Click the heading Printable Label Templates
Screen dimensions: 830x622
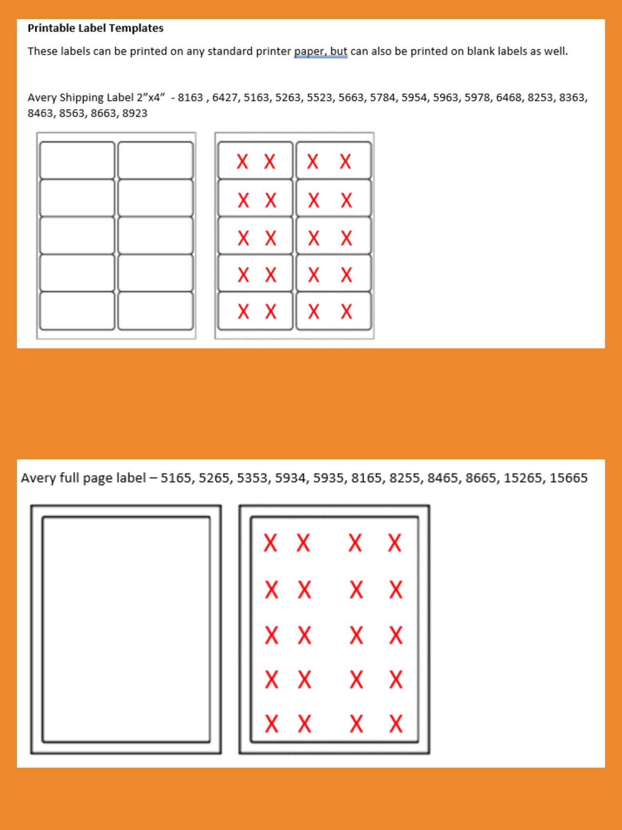point(95,28)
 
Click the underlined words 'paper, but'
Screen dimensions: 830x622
point(320,51)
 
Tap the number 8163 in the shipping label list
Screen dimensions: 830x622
point(190,98)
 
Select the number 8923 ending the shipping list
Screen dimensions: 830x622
point(134,113)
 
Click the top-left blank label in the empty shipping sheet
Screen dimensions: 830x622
point(77,160)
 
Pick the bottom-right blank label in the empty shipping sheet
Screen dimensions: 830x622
point(155,311)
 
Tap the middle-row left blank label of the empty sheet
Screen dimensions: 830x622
point(77,236)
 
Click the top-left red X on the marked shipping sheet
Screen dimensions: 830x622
point(242,162)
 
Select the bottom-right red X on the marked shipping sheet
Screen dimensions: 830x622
point(346,312)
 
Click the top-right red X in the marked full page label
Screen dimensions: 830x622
point(394,543)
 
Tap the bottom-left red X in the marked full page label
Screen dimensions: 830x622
point(271,724)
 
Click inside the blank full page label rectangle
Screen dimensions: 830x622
point(126,629)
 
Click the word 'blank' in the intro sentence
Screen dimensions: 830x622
point(480,51)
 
